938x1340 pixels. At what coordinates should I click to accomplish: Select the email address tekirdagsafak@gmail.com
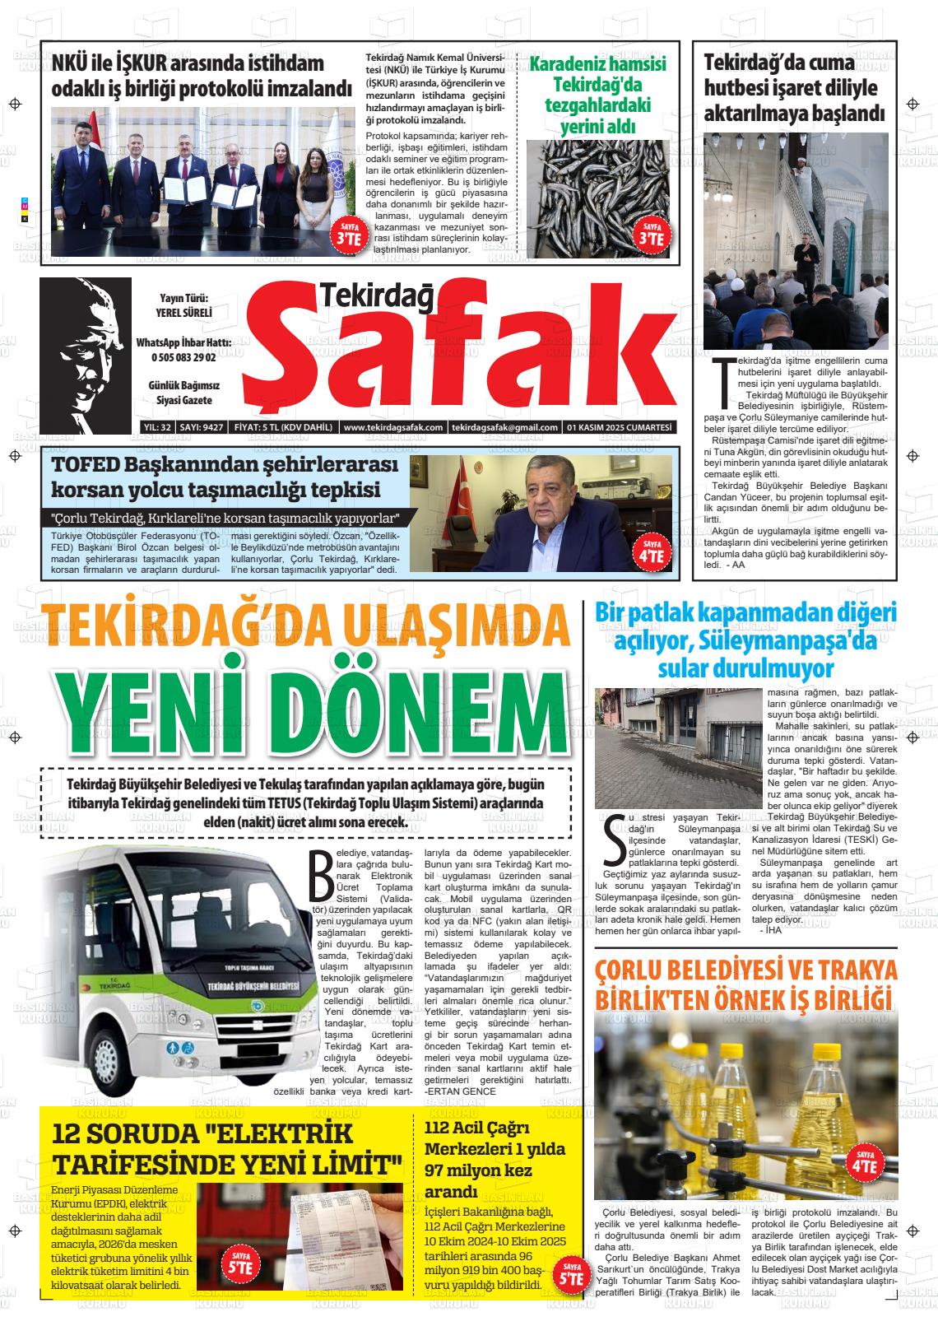point(504,427)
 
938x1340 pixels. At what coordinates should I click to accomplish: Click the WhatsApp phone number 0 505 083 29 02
point(183,357)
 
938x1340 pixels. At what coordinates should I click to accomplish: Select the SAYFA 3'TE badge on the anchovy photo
point(651,235)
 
